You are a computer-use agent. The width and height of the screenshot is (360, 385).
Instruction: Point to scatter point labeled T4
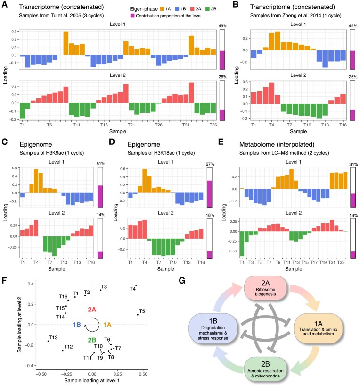[136, 285]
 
